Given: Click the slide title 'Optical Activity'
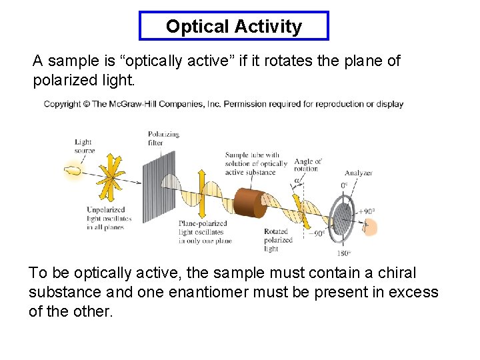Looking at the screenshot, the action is pos(234,27).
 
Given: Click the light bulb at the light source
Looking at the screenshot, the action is pos(73,171).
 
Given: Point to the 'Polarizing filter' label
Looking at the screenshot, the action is pos(163,138).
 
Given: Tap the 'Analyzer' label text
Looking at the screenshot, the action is pos(359,173).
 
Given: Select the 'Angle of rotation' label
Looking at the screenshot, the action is pos(307,165).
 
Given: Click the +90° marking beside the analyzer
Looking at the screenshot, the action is pos(366,211).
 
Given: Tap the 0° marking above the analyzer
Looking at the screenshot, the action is pos(345,185).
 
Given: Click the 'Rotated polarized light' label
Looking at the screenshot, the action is pos(279,240).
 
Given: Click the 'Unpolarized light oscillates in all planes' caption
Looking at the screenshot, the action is pos(109,219).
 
